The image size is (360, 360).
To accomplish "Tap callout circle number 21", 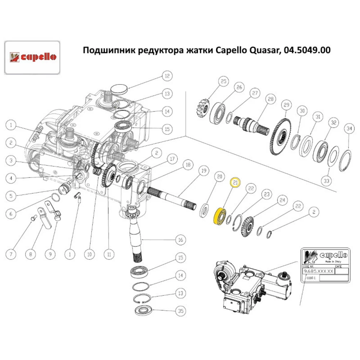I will [x=235, y=183].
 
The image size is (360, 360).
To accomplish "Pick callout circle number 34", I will [x=348, y=128].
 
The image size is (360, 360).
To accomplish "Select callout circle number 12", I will [x=167, y=76].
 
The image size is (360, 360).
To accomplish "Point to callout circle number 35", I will [x=180, y=310].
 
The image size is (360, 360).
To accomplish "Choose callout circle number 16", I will [x=180, y=239].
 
